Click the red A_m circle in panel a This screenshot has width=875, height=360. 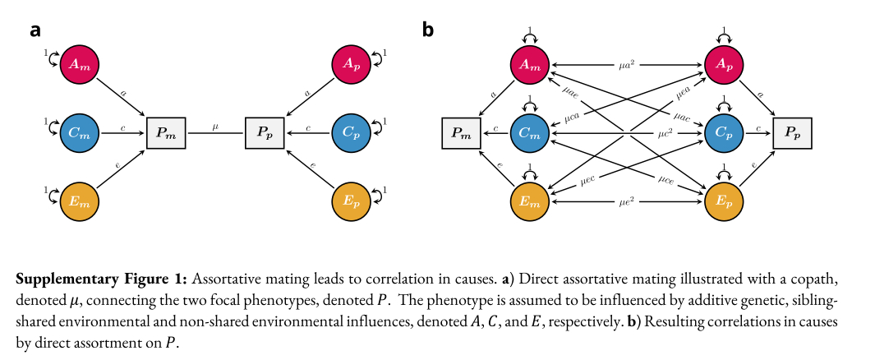[x=79, y=63]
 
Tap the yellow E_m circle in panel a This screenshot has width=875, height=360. [x=79, y=200]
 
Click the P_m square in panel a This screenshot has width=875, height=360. [x=167, y=132]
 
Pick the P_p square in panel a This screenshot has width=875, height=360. [x=264, y=132]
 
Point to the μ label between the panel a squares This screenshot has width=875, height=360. [x=215, y=126]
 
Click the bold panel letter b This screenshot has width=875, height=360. [x=427, y=30]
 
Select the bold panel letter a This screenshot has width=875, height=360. [x=35, y=30]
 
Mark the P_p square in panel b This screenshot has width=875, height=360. [x=793, y=132]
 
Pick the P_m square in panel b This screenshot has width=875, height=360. [x=461, y=132]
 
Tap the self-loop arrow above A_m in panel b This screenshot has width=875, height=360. [x=530, y=35]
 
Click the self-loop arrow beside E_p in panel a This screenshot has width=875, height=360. [x=379, y=195]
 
